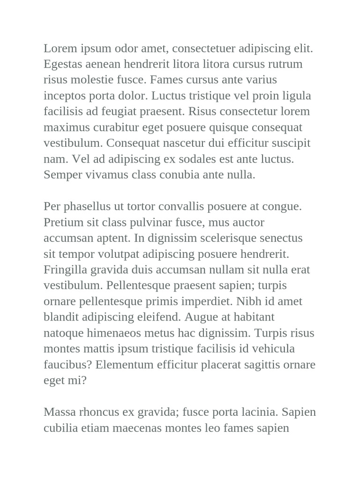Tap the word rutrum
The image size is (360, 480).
click(x=285, y=64)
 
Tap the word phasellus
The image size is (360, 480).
click(x=86, y=207)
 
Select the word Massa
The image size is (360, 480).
click(x=59, y=412)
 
